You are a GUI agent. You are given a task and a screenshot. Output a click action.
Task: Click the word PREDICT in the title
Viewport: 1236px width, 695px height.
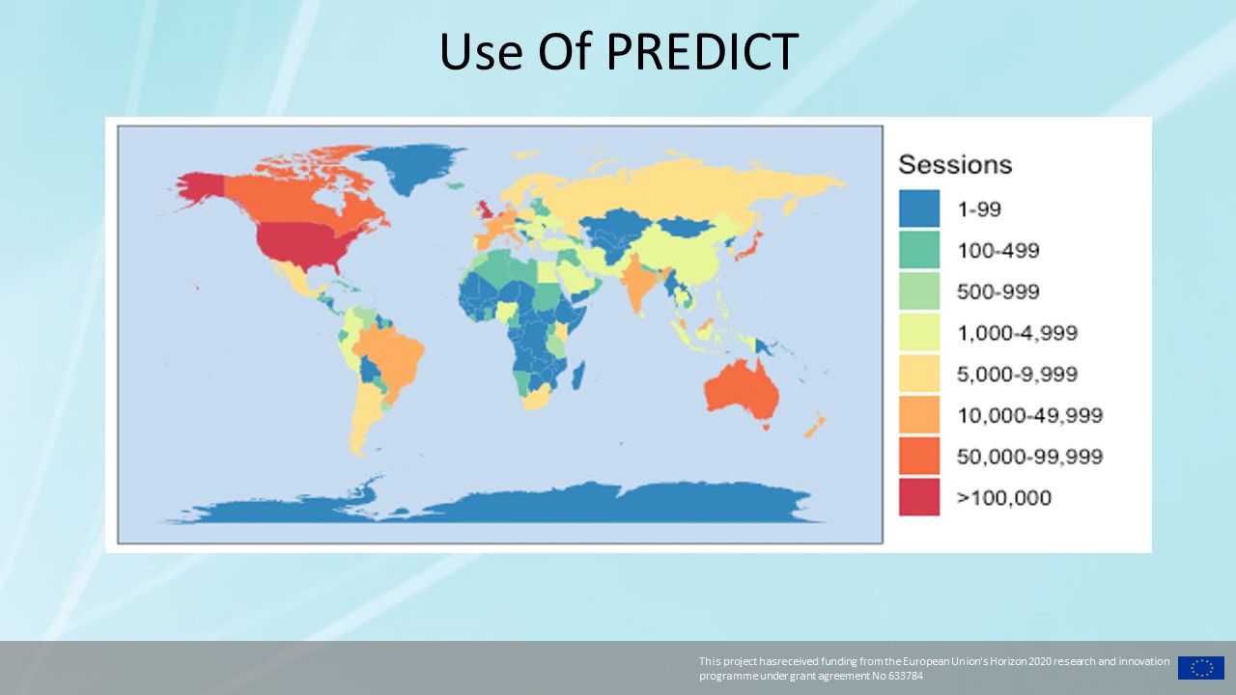point(702,51)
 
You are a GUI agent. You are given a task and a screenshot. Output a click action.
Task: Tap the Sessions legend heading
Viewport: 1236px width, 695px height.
point(955,164)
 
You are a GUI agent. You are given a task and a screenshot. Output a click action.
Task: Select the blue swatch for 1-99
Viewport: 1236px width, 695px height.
point(919,208)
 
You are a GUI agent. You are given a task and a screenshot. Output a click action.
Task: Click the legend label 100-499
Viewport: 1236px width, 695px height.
point(998,250)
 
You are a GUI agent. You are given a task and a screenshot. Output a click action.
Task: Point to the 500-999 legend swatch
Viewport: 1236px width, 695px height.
point(919,291)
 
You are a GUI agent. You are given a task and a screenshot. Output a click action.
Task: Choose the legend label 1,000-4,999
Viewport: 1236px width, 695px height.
point(1017,333)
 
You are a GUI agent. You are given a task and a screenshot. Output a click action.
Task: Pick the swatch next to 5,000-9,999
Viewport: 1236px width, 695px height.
point(919,374)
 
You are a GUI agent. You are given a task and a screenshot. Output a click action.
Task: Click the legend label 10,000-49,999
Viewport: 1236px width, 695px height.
point(1029,415)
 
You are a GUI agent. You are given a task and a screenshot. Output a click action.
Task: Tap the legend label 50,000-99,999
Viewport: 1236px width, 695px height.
point(1029,457)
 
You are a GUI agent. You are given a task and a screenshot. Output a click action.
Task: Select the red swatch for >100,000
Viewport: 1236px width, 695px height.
point(919,497)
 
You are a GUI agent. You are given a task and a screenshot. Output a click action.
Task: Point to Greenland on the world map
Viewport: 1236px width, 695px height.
point(411,165)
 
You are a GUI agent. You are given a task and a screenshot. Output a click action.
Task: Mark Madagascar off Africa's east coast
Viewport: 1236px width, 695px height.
point(577,375)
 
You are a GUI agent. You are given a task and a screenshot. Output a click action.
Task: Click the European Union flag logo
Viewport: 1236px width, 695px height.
point(1201,668)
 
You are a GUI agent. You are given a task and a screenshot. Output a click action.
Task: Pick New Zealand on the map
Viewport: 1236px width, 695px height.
point(815,424)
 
